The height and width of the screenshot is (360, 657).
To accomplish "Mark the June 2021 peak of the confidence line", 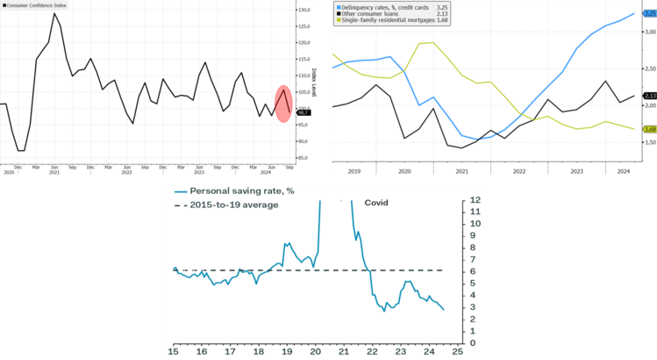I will pos(54,13).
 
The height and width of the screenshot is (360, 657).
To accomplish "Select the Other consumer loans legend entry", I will pos(378,13).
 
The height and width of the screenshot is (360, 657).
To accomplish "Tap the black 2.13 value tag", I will pos(650,96).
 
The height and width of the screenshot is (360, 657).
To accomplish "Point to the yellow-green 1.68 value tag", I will pos(650,129).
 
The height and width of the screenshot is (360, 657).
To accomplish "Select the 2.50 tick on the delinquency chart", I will pos(650,68).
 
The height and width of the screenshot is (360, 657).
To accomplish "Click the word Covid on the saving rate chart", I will pos(376,203).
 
